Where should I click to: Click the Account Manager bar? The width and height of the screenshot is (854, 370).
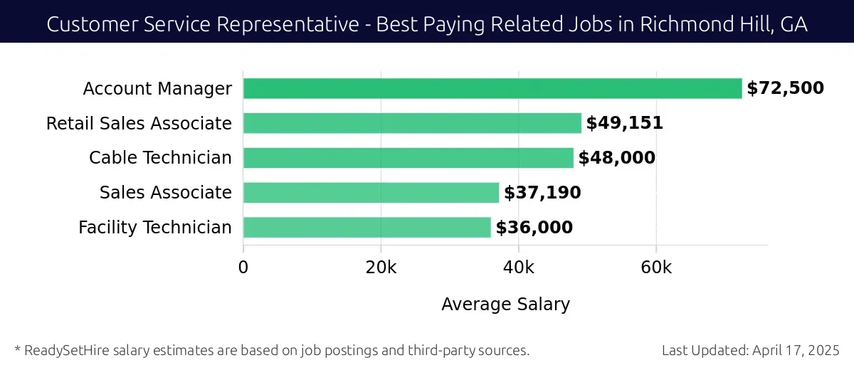pyautogui.click(x=492, y=88)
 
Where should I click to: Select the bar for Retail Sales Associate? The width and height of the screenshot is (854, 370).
pyautogui.click(x=412, y=123)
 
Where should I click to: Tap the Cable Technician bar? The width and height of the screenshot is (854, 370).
pyautogui.click(x=408, y=158)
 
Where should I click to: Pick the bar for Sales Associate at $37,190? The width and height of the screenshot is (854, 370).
pyautogui.click(x=371, y=193)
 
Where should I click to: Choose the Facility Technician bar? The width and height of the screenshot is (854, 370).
pyautogui.click(x=367, y=228)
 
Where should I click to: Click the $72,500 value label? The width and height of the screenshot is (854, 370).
pyautogui.click(x=785, y=88)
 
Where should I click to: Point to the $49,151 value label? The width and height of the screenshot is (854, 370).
pyautogui.click(x=624, y=123)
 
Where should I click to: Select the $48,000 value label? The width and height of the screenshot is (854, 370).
pyautogui.click(x=616, y=158)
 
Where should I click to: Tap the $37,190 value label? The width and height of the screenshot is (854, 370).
pyautogui.click(x=542, y=193)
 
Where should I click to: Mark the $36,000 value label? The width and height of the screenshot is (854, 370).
pyautogui.click(x=534, y=228)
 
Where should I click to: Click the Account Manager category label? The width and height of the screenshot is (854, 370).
pyautogui.click(x=157, y=88)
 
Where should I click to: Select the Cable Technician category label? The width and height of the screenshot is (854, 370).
pyautogui.click(x=160, y=158)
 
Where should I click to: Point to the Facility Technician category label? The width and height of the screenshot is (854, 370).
pyautogui.click(x=155, y=228)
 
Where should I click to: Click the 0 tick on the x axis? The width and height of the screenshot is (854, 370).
pyautogui.click(x=243, y=268)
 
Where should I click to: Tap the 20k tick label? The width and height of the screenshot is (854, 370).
pyautogui.click(x=381, y=268)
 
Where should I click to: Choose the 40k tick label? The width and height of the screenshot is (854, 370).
pyautogui.click(x=518, y=268)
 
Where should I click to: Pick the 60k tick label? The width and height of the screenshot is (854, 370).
pyautogui.click(x=655, y=268)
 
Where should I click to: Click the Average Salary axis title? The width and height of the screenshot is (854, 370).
pyautogui.click(x=505, y=305)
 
